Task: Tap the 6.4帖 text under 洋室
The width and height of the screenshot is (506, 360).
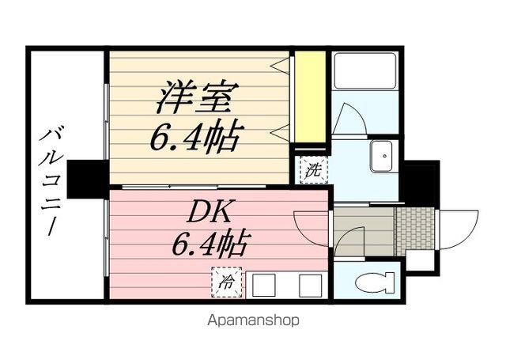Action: pyautogui.click(x=195, y=137)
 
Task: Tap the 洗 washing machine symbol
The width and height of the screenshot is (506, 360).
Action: pyautogui.click(x=312, y=169)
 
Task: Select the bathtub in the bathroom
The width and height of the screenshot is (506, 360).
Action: pyautogui.click(x=364, y=71)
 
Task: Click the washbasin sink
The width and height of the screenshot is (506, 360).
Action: pyautogui.click(x=383, y=155)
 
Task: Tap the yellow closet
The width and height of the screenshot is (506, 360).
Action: pyautogui.click(x=312, y=96)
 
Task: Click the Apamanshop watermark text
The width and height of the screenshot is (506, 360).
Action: pyautogui.click(x=253, y=320)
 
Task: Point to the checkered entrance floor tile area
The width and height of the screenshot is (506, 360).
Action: pyautogui.click(x=414, y=229)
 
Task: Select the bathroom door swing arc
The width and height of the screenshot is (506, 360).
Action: pyautogui.click(x=349, y=119)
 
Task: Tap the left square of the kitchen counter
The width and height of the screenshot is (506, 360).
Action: pyautogui.click(x=263, y=285)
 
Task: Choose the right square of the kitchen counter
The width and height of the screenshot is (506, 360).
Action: pyautogui.click(x=309, y=285)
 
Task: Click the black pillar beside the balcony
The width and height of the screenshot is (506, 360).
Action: pyautogui.click(x=86, y=179)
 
